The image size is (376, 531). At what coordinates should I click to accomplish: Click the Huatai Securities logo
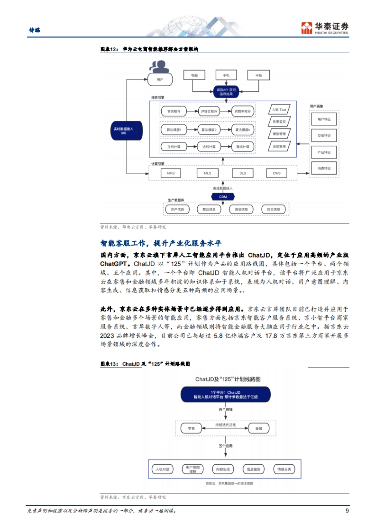click(x=325, y=28)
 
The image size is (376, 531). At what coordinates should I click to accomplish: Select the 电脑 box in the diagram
click(x=194, y=75)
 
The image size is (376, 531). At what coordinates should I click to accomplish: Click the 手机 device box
click(x=226, y=75)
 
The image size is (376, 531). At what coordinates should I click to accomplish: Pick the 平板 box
click(x=258, y=75)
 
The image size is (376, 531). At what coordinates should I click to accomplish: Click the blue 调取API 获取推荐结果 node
click(x=226, y=92)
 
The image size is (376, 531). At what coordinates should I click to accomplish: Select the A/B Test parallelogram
click(x=279, y=110)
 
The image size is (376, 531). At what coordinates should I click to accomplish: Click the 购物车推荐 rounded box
click(x=243, y=111)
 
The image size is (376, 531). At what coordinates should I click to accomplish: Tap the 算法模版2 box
click(x=209, y=130)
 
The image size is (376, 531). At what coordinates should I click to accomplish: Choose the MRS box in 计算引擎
click(x=171, y=173)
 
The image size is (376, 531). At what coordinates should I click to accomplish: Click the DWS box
click(x=277, y=173)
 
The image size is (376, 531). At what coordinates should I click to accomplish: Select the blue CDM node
click(x=223, y=197)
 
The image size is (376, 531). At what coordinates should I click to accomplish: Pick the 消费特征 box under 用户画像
click(x=324, y=168)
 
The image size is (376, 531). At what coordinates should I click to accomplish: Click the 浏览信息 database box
click(x=241, y=210)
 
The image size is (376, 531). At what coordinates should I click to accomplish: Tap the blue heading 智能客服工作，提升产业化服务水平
click(x=161, y=243)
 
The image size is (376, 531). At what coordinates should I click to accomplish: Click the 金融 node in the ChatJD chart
click(x=259, y=428)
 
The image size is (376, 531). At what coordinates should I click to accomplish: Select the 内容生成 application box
click(x=223, y=469)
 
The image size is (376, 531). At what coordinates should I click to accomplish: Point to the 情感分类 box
click(x=284, y=469)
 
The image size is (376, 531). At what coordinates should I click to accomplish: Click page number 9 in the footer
click(x=347, y=511)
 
